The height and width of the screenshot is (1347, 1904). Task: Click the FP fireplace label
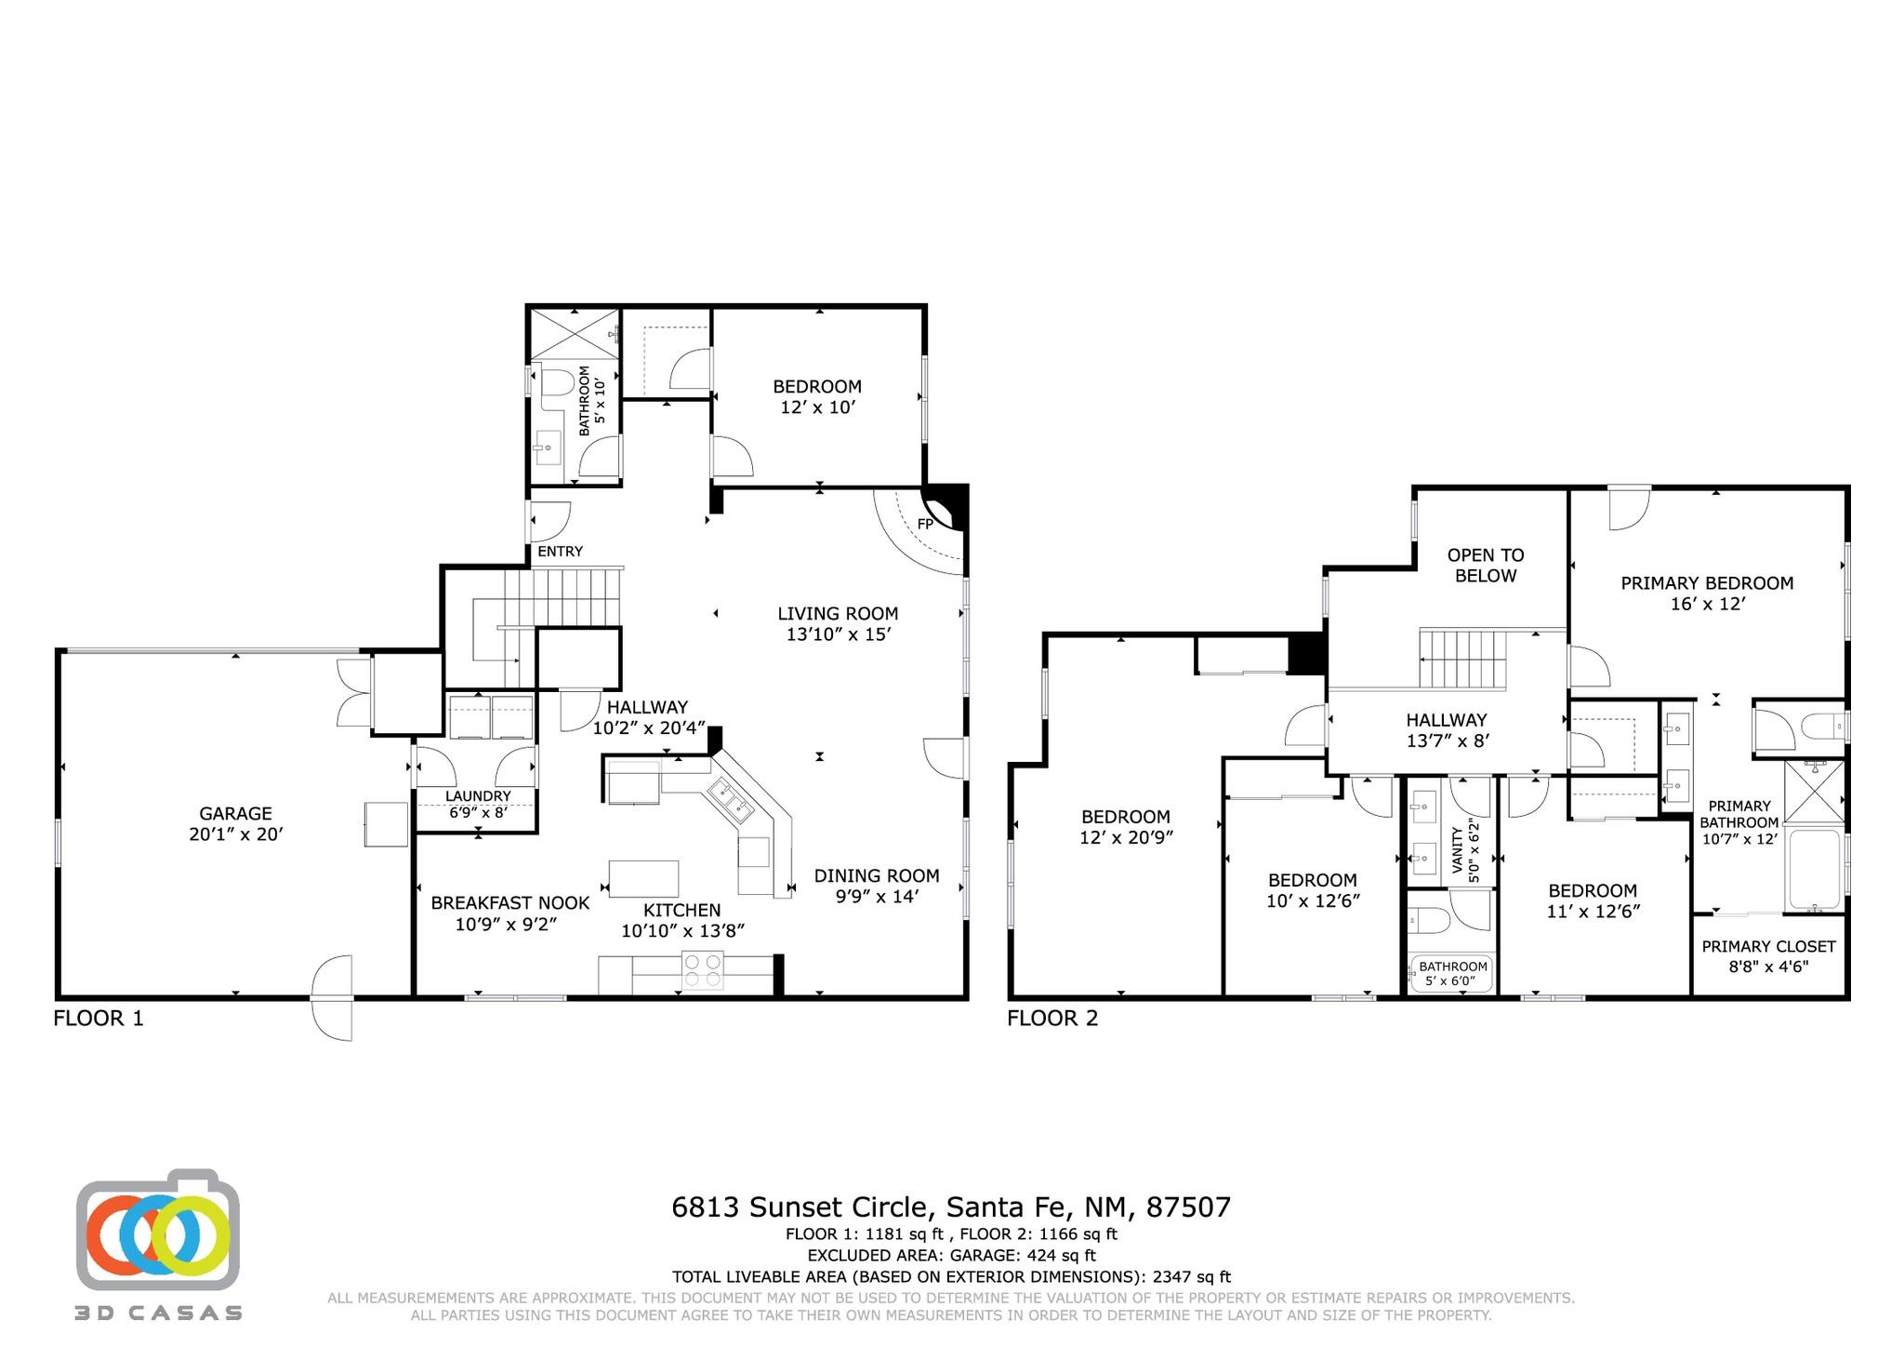pyautogui.click(x=925, y=524)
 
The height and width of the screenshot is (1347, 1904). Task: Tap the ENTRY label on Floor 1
pyautogui.click(x=561, y=552)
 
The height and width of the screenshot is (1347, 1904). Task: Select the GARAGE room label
pyautogui.click(x=235, y=814)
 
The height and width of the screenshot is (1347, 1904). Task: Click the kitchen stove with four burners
pyautogui.click(x=703, y=971)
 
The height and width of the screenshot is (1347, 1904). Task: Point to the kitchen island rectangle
pyautogui.click(x=643, y=878)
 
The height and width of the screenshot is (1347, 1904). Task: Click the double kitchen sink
pyautogui.click(x=730, y=802)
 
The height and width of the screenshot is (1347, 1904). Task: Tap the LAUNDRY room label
pyautogui.click(x=478, y=796)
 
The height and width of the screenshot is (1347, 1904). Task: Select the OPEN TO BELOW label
pyautogui.click(x=1486, y=566)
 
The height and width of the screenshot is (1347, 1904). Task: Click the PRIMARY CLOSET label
pyautogui.click(x=1768, y=947)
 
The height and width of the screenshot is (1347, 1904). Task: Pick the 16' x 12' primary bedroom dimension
pyautogui.click(x=1707, y=604)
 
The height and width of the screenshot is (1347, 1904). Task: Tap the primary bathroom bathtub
pyautogui.click(x=1814, y=869)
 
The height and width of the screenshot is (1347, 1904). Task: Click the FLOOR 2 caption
pyautogui.click(x=1052, y=1019)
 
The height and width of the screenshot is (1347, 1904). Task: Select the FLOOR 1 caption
pyautogui.click(x=99, y=1019)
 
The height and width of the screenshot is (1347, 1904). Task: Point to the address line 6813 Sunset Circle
pyautogui.click(x=951, y=1207)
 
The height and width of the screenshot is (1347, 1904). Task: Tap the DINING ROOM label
pyautogui.click(x=877, y=876)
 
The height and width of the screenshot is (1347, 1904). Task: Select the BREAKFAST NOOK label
pyautogui.click(x=510, y=903)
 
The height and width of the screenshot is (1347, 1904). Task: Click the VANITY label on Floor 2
pyautogui.click(x=1457, y=850)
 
